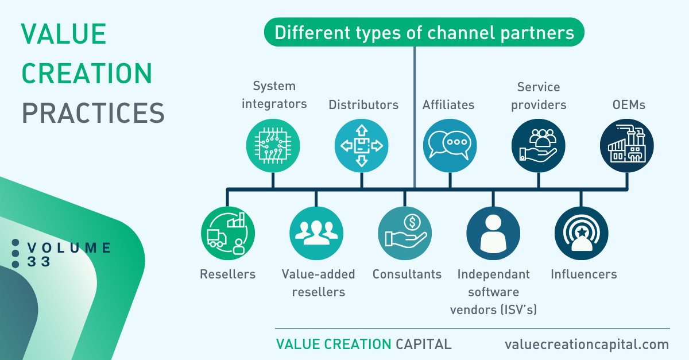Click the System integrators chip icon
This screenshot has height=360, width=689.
pos(273,145)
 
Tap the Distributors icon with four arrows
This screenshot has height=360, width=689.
pos(361,145)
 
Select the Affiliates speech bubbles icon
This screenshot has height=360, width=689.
pos(450,145)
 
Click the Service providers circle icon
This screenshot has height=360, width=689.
pos(539,145)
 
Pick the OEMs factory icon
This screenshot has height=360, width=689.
pos(627,145)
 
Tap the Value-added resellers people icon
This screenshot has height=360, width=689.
pos(316,233)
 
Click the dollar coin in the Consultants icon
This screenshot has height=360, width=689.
pos(412,222)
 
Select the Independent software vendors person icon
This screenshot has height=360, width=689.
pos(493,233)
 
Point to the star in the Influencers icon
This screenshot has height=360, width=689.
pos(582,233)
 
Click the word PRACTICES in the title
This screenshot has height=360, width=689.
pos(93,113)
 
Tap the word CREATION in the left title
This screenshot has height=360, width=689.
pos(87,73)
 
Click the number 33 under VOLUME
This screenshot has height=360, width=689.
pos(39,262)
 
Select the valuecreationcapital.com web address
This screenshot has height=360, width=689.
pos(587,344)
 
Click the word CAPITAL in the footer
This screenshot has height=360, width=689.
pos(424,344)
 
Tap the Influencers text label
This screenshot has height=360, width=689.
pos(584,274)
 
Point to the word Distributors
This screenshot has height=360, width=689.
pos(363,105)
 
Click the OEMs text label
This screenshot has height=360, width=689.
pos(629,105)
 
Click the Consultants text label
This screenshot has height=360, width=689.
pos(407,274)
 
